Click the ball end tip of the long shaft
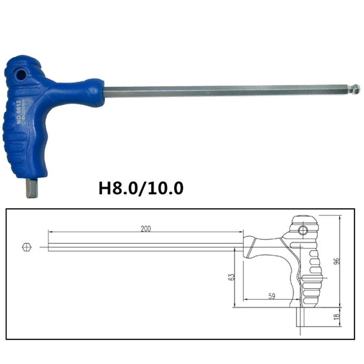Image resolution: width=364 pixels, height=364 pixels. (356, 88)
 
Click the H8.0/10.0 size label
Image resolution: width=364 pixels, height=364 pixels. (141, 188)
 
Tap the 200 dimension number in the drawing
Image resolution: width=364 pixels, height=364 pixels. (146, 228)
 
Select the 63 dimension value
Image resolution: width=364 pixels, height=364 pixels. (231, 277)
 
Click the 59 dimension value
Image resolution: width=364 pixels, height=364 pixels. (271, 296)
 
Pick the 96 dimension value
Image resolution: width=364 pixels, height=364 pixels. (337, 261)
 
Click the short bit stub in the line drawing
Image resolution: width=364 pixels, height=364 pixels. (301, 317)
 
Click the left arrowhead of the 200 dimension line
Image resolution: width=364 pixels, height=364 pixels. (50, 232)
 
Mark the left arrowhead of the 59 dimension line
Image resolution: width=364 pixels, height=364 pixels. (246, 300)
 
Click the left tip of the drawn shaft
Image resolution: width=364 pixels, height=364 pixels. (48, 247)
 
